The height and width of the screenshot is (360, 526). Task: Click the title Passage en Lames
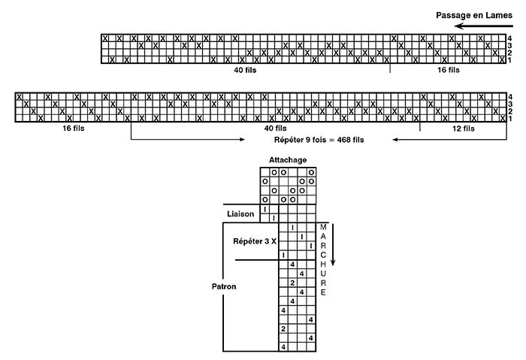[x=474, y=16]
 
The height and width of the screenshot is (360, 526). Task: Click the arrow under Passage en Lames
[x=484, y=26]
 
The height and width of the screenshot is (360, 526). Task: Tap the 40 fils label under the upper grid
[x=245, y=70]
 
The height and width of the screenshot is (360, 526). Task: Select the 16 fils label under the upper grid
[x=448, y=70]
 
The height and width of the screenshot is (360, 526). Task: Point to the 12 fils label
[x=464, y=129]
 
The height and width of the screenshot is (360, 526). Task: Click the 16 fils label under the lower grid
[x=74, y=129]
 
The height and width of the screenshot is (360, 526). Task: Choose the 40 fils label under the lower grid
[x=276, y=129]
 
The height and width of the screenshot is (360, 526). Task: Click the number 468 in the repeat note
[x=343, y=140]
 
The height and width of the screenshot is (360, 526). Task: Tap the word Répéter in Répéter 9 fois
[x=289, y=140]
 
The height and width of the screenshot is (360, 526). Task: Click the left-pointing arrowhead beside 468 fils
[x=394, y=140]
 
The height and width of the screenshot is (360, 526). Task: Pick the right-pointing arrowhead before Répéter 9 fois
[x=243, y=140]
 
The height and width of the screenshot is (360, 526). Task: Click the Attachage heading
[x=288, y=160]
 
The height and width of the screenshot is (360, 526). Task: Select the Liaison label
[x=240, y=214]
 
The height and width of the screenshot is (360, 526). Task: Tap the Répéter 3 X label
[x=255, y=241]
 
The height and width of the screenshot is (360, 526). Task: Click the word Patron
[x=224, y=286]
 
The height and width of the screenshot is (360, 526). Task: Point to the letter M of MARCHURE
[x=323, y=227]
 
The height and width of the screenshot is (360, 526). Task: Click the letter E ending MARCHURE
[x=323, y=292]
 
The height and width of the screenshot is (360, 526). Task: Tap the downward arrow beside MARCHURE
[x=333, y=244]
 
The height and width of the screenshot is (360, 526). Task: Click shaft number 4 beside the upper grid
[x=509, y=38]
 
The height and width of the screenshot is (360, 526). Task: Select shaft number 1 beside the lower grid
[x=509, y=119]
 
